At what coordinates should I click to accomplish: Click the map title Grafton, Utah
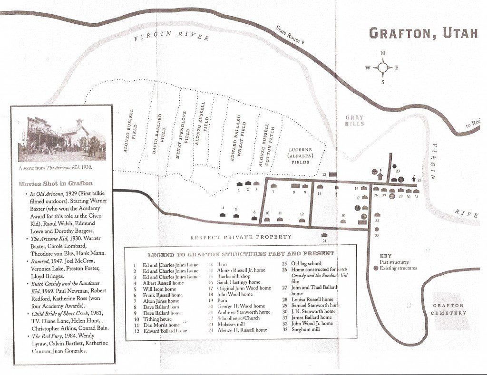(x=423, y=33)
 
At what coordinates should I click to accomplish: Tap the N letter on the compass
(x=383, y=53)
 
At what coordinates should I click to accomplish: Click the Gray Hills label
(x=354, y=121)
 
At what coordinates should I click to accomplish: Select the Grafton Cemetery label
(x=448, y=309)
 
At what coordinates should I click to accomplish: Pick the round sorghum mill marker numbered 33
(x=376, y=229)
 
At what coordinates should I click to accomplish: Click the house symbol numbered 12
(x=302, y=219)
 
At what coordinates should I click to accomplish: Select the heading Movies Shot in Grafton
(x=56, y=183)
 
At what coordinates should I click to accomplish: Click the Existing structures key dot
(x=376, y=269)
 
